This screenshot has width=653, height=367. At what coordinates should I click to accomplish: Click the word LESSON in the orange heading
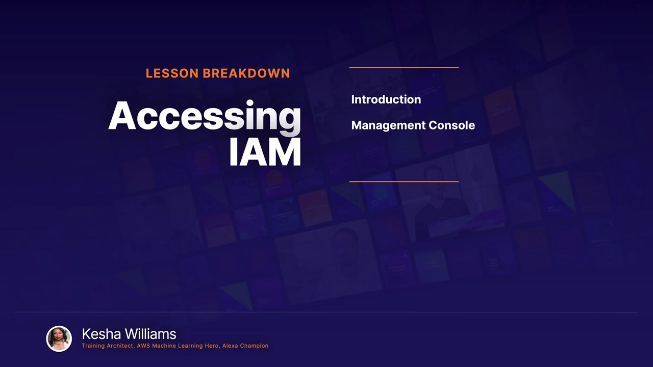(x=172, y=73)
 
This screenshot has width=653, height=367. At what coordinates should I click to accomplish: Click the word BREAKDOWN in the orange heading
(x=246, y=73)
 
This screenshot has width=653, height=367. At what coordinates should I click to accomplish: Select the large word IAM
(x=265, y=152)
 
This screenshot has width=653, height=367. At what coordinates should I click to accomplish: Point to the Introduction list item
(x=386, y=99)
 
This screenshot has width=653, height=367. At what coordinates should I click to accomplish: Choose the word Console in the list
(x=452, y=125)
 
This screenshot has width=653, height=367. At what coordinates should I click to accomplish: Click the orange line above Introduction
(x=404, y=67)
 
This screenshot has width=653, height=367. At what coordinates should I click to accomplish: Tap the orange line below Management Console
(x=404, y=181)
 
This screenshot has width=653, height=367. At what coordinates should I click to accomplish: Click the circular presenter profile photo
(x=59, y=339)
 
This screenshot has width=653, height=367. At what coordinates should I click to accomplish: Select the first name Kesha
(x=101, y=334)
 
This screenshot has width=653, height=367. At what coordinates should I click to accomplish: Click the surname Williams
(x=150, y=334)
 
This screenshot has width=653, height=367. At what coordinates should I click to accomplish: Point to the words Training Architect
(x=107, y=346)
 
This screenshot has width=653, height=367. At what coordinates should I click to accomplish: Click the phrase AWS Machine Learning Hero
(x=178, y=346)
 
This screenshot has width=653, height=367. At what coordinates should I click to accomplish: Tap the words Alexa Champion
(x=245, y=346)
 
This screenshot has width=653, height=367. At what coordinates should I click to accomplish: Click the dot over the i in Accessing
(x=250, y=102)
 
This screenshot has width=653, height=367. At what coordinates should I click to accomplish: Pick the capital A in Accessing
(x=122, y=115)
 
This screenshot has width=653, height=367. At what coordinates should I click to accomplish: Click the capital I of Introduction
(x=353, y=99)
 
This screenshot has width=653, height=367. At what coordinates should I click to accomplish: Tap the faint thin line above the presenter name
(x=326, y=312)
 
